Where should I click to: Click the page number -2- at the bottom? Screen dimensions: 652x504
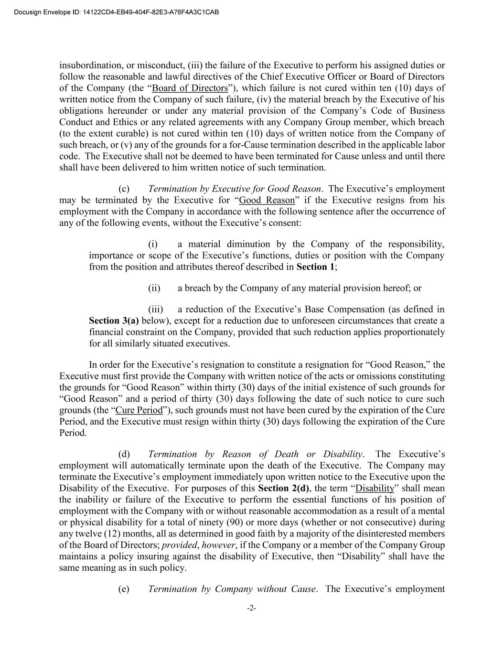(252, 608)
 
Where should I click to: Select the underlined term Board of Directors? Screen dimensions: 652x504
(190, 88)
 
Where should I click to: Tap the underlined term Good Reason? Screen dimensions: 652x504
(267, 200)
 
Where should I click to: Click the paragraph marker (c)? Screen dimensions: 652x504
(124, 189)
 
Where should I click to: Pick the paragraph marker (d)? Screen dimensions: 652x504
(124, 454)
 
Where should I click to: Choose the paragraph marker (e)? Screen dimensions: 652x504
(124, 588)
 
